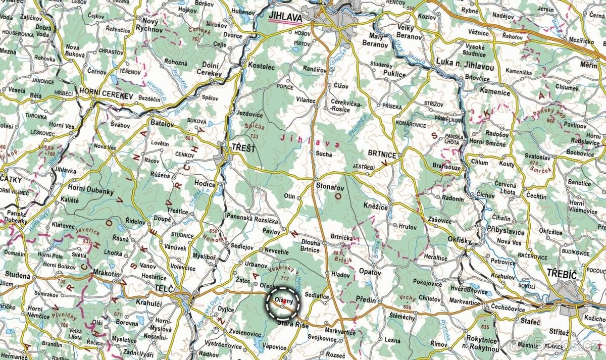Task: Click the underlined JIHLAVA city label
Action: (x=285, y=17)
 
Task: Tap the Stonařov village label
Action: (x=330, y=186)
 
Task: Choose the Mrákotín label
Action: (x=107, y=274)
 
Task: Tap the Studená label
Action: (x=18, y=275)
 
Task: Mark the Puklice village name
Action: (x=394, y=74)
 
